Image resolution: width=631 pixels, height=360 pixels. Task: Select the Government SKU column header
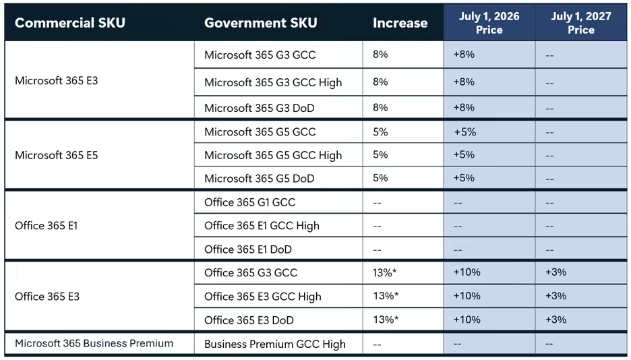click(260, 23)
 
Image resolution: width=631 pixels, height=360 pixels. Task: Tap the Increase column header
click(400, 23)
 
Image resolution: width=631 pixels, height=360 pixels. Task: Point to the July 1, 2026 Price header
click(489, 23)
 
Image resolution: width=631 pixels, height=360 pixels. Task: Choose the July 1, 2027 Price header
click(580, 23)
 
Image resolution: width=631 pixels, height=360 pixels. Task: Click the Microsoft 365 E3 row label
click(56, 81)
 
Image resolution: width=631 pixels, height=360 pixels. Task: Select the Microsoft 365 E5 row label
click(56, 155)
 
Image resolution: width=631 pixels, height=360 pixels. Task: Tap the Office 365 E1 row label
click(46, 226)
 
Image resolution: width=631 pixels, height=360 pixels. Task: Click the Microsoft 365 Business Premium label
click(94, 343)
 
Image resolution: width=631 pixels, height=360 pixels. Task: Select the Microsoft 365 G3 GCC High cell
click(273, 82)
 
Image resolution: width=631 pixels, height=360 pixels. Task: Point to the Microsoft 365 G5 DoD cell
click(259, 179)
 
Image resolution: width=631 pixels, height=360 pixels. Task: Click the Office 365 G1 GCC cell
click(249, 202)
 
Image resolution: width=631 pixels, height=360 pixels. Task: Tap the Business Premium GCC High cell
click(274, 344)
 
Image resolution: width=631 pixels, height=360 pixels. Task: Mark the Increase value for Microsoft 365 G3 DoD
click(380, 108)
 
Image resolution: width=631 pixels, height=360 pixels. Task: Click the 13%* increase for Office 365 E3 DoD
click(386, 320)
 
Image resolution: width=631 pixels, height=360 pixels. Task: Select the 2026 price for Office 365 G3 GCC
click(467, 272)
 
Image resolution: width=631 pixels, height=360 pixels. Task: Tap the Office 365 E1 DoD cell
click(247, 249)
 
